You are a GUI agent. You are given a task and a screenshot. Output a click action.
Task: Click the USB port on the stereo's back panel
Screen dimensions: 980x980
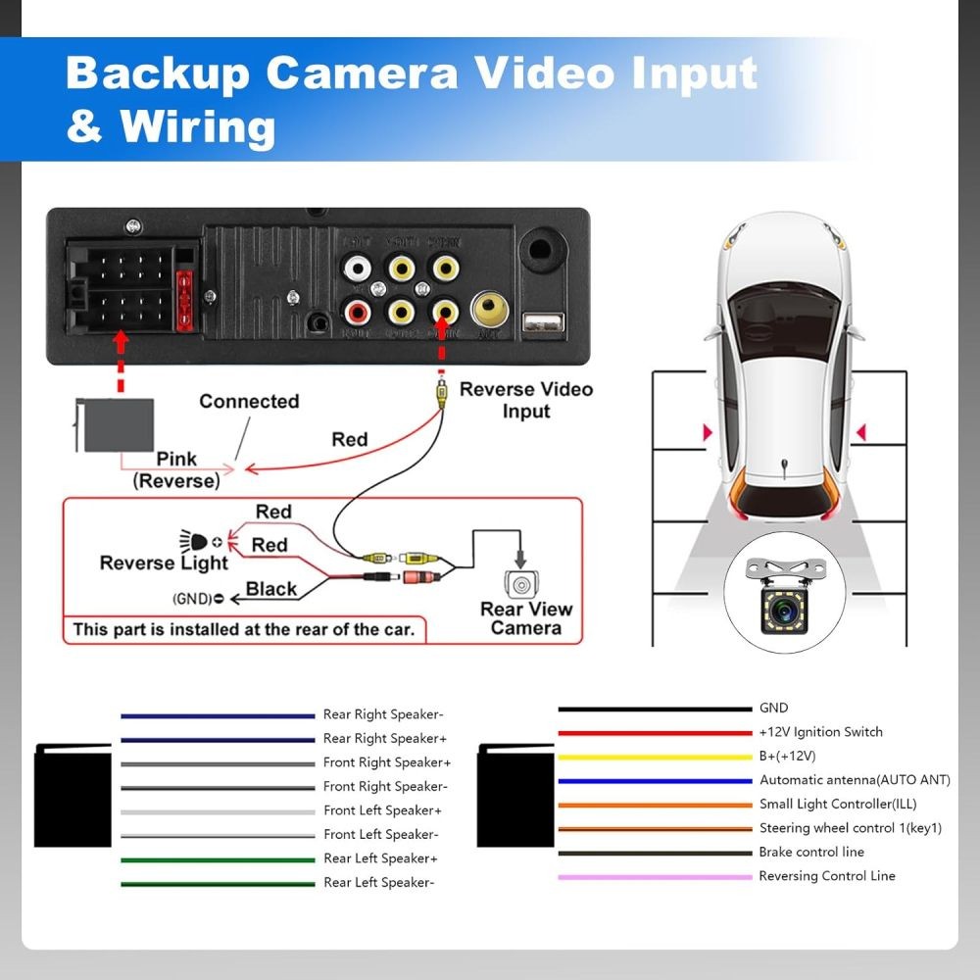tap(542, 324)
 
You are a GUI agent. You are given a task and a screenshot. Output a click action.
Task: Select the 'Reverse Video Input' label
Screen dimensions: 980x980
tap(526, 400)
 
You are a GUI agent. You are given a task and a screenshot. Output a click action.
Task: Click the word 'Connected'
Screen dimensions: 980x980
tap(249, 402)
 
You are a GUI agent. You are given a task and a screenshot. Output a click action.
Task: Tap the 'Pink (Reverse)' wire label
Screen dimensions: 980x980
tap(176, 470)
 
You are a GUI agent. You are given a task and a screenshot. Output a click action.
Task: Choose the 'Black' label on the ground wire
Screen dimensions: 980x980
tap(271, 589)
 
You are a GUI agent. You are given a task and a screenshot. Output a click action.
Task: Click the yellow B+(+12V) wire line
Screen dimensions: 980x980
tap(654, 757)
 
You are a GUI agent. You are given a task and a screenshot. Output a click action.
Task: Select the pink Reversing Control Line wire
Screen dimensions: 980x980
tap(654, 877)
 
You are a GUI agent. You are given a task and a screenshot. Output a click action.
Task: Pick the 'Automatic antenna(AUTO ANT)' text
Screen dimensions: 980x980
tap(855, 780)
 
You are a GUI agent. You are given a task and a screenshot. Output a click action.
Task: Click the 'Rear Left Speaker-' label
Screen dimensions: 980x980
tap(378, 883)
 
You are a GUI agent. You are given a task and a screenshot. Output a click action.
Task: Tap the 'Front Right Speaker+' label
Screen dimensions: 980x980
tap(387, 762)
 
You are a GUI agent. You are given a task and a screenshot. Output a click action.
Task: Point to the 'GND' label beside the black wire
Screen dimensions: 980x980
tap(773, 708)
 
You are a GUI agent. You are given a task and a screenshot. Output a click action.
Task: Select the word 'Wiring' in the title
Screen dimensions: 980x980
tap(197, 126)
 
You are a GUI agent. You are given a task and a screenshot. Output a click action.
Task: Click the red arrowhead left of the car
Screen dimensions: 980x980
tap(707, 432)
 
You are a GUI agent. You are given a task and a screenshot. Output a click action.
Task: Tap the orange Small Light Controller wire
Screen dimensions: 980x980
tap(654, 805)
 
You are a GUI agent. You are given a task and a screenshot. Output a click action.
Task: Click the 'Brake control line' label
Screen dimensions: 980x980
tap(811, 853)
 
